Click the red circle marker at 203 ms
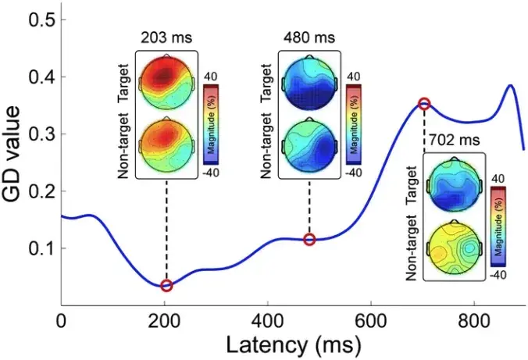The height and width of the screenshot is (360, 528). tap(166, 286)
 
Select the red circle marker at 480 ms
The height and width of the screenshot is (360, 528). tap(309, 240)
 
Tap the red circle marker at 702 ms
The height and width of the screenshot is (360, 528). tap(424, 104)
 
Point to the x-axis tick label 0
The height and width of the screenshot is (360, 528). tap(61, 322)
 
